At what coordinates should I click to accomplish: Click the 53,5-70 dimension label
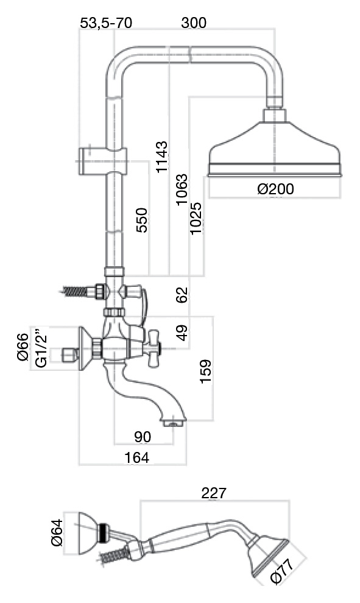click(106, 23)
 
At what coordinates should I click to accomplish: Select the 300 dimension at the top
click(194, 23)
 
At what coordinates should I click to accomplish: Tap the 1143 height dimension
click(162, 157)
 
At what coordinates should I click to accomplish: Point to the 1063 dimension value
click(182, 189)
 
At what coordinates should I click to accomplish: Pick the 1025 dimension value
click(196, 217)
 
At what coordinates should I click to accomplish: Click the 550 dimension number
click(141, 220)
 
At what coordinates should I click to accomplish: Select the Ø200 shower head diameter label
click(275, 189)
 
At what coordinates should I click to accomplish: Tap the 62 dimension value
click(182, 295)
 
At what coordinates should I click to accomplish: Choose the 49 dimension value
click(182, 333)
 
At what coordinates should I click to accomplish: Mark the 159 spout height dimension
click(205, 371)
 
